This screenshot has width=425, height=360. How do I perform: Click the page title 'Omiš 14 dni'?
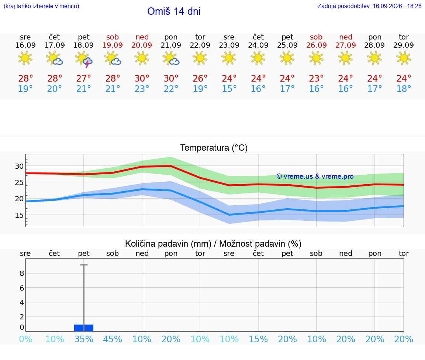(174, 11)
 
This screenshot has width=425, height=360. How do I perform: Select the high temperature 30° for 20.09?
(142, 78)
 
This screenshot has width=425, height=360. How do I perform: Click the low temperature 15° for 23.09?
(229, 89)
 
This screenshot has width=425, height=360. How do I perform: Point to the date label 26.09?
(316, 45)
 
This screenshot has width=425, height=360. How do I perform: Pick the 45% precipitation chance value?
(113, 339)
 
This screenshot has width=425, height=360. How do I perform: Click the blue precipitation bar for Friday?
(84, 328)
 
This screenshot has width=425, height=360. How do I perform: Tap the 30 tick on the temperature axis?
(19, 166)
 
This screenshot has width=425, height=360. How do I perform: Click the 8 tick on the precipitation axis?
(22, 274)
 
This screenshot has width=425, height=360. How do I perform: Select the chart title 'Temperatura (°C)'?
(214, 148)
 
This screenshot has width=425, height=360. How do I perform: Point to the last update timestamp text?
(369, 6)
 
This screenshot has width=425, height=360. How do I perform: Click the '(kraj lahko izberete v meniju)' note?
(41, 6)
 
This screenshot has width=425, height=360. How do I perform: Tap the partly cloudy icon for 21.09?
(171, 59)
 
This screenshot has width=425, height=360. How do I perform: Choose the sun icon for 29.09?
(404, 58)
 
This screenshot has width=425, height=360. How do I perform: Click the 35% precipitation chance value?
(84, 339)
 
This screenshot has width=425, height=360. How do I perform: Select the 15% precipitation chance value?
(258, 339)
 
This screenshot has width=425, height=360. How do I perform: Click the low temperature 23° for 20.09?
(142, 89)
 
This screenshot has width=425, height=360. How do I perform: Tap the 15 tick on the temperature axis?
(19, 215)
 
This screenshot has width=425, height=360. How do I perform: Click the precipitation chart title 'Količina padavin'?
(168, 244)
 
